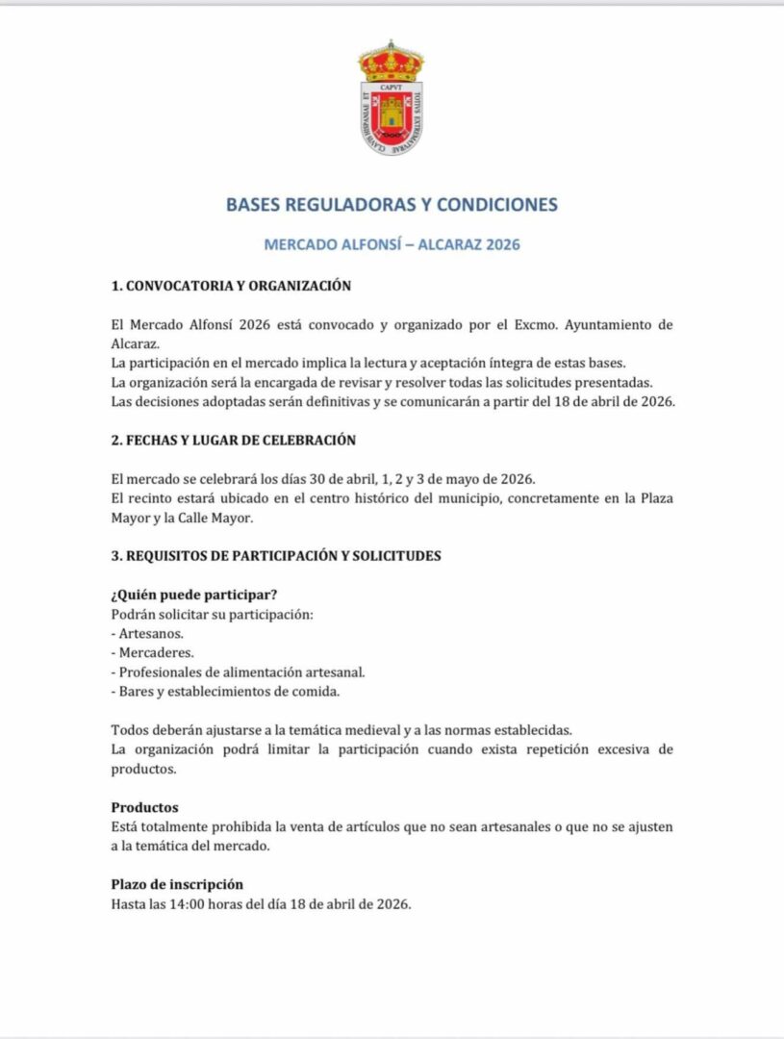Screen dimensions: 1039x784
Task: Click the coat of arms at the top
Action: point(391,98)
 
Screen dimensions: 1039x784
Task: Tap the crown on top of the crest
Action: point(391,60)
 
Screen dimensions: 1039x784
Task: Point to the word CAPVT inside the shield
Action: point(391,86)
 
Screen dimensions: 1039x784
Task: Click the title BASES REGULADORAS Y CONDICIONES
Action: point(392,205)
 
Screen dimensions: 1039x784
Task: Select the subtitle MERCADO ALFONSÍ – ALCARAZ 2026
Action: point(392,244)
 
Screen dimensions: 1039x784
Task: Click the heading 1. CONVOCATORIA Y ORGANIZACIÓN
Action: point(231,286)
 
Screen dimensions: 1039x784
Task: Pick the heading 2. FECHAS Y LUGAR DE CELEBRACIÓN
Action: point(234,440)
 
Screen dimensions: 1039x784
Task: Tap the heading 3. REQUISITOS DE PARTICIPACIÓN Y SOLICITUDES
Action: point(276,556)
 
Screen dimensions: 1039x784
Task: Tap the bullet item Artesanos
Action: point(151,633)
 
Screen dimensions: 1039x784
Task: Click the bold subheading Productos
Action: point(144,807)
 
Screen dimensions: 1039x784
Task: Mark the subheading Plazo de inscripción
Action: point(177,884)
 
